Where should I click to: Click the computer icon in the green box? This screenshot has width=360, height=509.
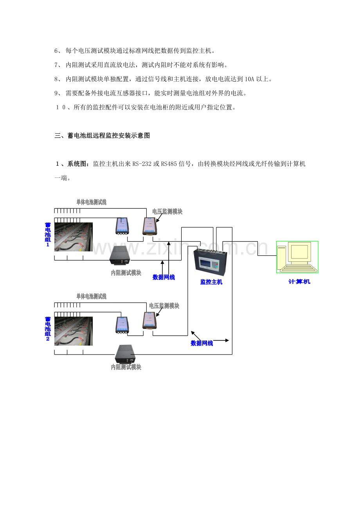pyautogui.click(x=297, y=257)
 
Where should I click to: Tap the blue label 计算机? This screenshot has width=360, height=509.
pyautogui.click(x=299, y=281)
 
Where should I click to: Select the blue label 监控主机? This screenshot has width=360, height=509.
pyautogui.click(x=211, y=282)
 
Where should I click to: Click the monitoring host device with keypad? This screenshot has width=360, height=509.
pyautogui.click(x=210, y=261)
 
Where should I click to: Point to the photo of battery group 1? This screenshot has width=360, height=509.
pyautogui.click(x=74, y=237)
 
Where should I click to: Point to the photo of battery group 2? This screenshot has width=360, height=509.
pyautogui.click(x=74, y=331)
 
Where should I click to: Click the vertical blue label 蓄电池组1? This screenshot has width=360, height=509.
pyautogui.click(x=48, y=235)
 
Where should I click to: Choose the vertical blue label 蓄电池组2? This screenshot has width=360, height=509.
pyautogui.click(x=48, y=329)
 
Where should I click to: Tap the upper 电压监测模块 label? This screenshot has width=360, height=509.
pyautogui.click(x=167, y=211)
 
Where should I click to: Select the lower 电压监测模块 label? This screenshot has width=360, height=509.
pyautogui.click(x=164, y=306)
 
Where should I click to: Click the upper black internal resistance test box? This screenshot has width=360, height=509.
pyautogui.click(x=120, y=255)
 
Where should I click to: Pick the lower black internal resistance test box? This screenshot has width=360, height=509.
pyautogui.click(x=125, y=354)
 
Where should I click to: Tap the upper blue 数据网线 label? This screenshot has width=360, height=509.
pyautogui.click(x=164, y=277)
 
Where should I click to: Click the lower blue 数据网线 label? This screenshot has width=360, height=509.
pyautogui.click(x=202, y=343)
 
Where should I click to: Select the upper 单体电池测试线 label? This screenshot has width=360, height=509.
pyautogui.click(x=91, y=202)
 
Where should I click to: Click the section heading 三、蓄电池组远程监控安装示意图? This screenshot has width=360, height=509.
pyautogui.click(x=102, y=136)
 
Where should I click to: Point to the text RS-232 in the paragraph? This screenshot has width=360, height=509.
pyautogui.click(x=142, y=164)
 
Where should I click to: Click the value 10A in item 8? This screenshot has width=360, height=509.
pyautogui.click(x=249, y=79)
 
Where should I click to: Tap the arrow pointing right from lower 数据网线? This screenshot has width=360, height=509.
pyautogui.click(x=221, y=341)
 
